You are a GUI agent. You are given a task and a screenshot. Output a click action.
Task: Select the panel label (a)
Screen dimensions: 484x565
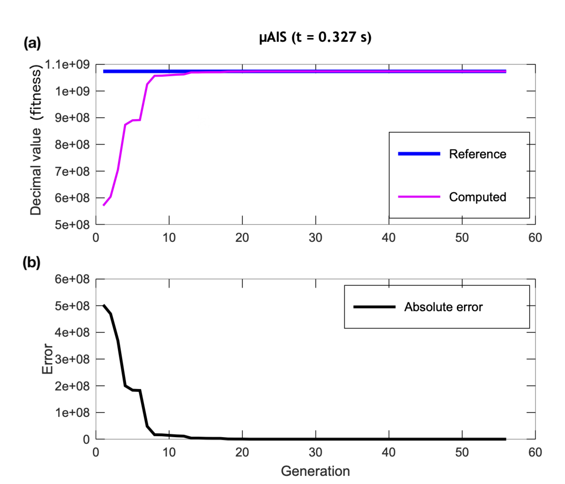click(32, 43)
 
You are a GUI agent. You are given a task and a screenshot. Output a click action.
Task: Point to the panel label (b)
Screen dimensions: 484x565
click(32, 263)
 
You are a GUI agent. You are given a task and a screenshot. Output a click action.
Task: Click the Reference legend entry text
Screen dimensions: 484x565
click(477, 154)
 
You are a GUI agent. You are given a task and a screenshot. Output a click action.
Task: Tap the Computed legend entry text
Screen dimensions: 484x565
click(477, 197)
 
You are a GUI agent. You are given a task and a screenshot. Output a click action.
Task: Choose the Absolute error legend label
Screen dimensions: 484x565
click(444, 307)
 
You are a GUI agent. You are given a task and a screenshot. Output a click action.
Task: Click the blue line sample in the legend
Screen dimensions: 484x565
click(419, 154)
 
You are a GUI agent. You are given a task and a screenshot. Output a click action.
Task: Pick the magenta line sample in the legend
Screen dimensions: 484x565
click(419, 197)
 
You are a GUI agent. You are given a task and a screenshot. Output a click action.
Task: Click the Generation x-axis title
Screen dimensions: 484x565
click(315, 471)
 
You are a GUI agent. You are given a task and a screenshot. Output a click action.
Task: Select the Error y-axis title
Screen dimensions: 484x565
click(47, 359)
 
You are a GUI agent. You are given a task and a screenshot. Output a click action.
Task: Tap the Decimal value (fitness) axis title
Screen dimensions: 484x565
click(36, 140)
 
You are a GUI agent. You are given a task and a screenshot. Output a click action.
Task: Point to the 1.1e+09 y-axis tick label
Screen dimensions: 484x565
click(67, 65)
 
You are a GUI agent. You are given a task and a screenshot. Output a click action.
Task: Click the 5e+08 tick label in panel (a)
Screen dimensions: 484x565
click(72, 225)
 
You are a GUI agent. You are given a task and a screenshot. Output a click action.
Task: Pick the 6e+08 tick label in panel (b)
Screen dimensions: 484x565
click(72, 279)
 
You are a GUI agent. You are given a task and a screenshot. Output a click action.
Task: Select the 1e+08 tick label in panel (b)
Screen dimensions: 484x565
click(72, 413)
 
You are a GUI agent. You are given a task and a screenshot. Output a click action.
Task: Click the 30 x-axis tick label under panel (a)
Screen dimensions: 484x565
click(315, 238)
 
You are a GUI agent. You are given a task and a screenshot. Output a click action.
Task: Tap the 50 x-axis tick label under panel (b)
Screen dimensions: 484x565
click(462, 452)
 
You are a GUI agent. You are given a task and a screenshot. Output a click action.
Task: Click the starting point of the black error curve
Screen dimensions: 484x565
click(104, 305)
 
